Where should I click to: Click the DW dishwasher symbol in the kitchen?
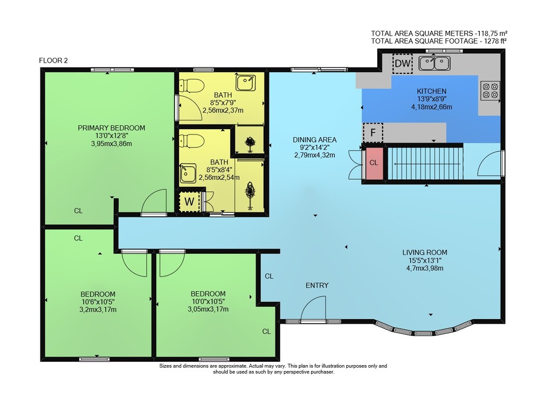tap(403, 63)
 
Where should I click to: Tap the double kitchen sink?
tap(434, 63)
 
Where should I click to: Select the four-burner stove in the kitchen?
tap(490, 90)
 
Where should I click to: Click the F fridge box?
tap(373, 132)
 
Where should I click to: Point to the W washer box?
tap(189, 202)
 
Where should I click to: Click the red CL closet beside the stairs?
tap(374, 163)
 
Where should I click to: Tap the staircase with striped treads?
tap(425, 163)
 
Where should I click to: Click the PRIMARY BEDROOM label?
tap(112, 128)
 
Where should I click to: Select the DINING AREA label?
tap(315, 140)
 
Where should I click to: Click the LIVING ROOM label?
tap(425, 252)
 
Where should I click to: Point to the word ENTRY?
tap(317, 286)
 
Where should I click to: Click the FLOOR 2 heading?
tap(53, 60)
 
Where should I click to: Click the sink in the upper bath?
tap(245, 83)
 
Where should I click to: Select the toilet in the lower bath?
tap(191, 140)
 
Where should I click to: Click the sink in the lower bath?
tap(188, 173)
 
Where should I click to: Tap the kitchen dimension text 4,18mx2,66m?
tap(431, 107)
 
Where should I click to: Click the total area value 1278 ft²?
tap(495, 42)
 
